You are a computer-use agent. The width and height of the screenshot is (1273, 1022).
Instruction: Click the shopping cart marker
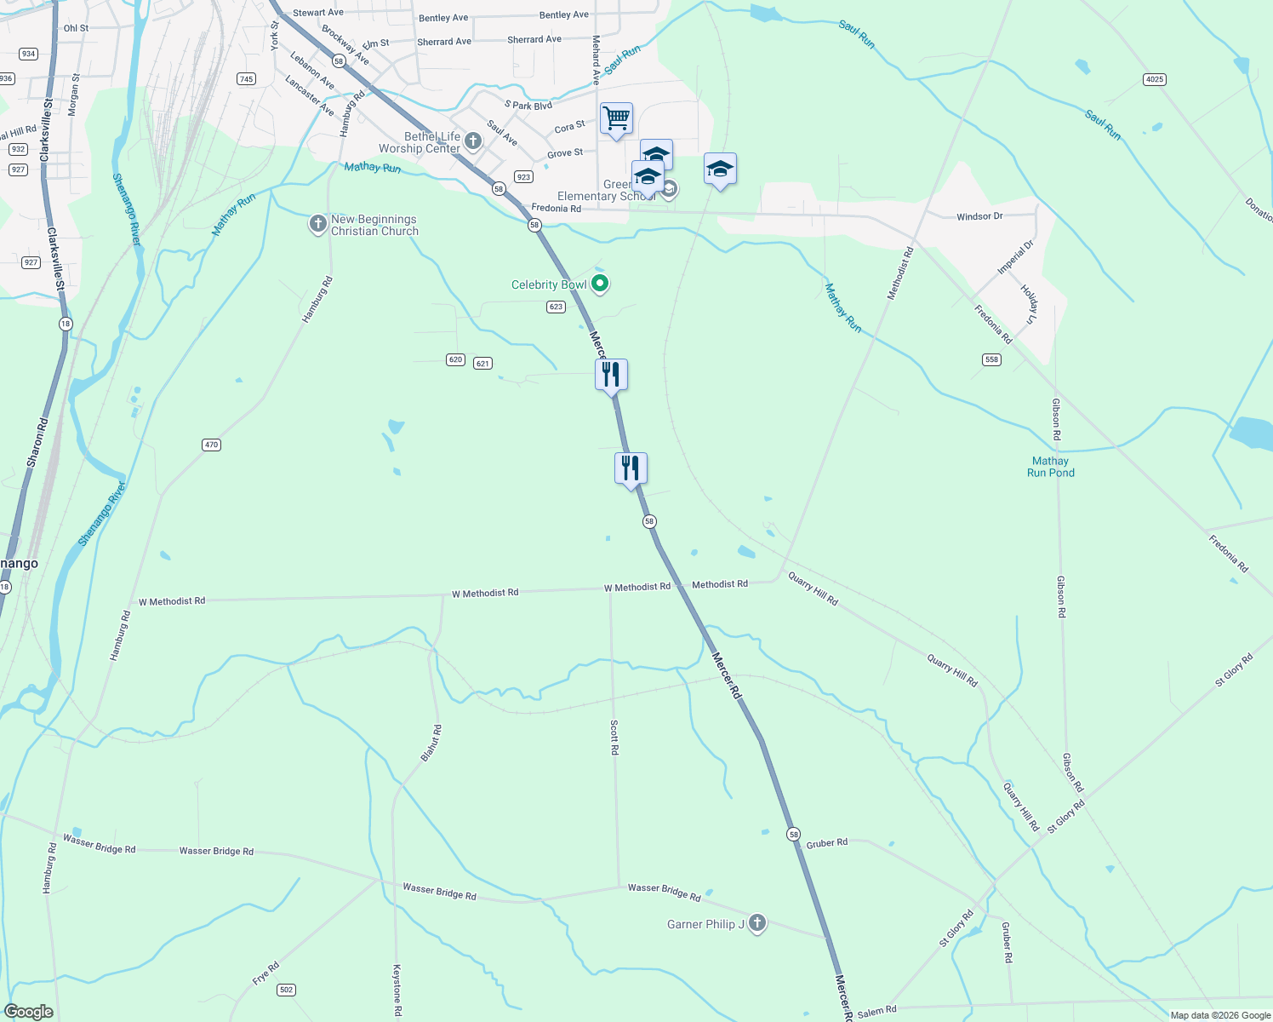click(x=616, y=118)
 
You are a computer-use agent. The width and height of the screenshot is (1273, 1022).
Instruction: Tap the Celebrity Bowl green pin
click(x=600, y=284)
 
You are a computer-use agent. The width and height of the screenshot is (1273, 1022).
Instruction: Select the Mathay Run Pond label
click(x=1050, y=467)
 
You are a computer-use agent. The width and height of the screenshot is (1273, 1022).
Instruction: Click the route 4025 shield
click(x=1154, y=79)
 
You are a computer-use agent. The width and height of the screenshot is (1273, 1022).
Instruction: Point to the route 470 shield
click(x=211, y=445)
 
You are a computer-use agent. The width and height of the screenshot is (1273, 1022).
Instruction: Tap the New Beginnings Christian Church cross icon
click(x=317, y=224)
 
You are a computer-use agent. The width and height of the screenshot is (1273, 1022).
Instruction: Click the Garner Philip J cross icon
click(x=756, y=923)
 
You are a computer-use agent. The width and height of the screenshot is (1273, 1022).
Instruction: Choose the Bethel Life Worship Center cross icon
click(x=473, y=141)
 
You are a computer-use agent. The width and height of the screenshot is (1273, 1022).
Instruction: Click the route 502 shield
click(x=286, y=990)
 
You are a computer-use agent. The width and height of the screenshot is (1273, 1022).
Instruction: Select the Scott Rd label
click(x=614, y=738)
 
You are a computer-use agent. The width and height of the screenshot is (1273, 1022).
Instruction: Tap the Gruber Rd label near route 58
click(x=826, y=843)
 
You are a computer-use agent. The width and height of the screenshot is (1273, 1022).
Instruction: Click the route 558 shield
click(x=991, y=359)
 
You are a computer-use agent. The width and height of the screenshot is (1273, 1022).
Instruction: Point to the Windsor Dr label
click(x=979, y=216)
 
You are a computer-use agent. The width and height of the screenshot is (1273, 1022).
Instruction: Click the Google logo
click(x=28, y=1011)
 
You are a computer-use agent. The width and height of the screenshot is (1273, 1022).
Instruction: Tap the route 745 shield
click(x=246, y=79)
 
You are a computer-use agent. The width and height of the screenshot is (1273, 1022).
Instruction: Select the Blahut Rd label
click(x=431, y=743)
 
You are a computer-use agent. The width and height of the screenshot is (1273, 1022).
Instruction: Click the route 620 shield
click(x=455, y=359)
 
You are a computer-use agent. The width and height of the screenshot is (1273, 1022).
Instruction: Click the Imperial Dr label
click(x=1015, y=257)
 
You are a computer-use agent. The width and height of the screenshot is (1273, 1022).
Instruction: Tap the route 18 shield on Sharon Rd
click(x=66, y=324)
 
